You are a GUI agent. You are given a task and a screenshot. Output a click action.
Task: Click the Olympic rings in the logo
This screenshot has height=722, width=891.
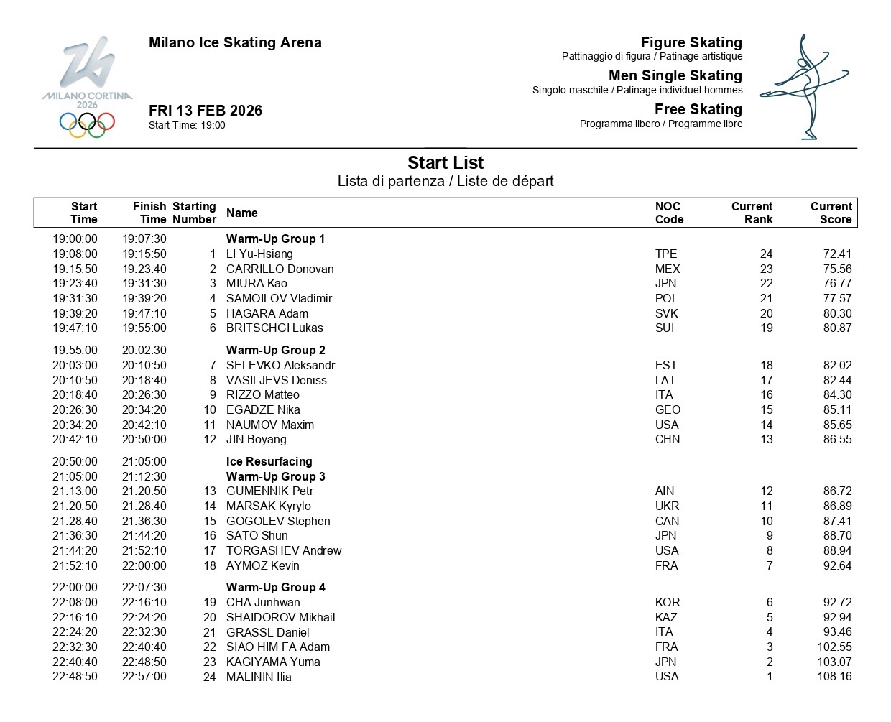click(x=87, y=124)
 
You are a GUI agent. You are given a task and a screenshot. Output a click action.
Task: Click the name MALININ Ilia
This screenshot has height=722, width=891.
click(x=259, y=677)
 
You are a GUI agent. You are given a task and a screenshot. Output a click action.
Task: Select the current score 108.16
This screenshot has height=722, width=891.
click(x=834, y=677)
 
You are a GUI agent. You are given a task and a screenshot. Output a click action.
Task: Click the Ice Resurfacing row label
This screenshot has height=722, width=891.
click(x=269, y=461)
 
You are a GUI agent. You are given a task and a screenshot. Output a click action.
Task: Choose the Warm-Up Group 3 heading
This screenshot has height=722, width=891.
click(x=275, y=476)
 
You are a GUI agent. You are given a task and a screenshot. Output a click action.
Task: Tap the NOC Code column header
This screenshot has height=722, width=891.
click(x=669, y=213)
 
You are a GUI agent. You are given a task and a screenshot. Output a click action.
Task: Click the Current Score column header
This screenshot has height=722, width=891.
click(x=831, y=213)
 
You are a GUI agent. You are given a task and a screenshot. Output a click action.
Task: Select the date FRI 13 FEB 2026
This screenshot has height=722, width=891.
click(x=206, y=111)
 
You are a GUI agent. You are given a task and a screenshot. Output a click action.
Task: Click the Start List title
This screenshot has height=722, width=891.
click(x=445, y=163)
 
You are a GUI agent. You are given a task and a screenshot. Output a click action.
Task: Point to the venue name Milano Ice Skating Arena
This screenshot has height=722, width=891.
click(x=235, y=42)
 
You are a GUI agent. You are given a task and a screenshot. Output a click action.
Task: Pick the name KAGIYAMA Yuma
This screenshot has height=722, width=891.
click(x=273, y=662)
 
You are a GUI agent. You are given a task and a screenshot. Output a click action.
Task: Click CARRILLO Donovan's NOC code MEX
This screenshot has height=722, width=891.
click(x=668, y=269)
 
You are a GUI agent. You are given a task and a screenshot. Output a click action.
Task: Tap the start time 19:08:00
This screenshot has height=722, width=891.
click(x=75, y=254)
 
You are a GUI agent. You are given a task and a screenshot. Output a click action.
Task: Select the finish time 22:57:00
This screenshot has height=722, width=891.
click(x=144, y=677)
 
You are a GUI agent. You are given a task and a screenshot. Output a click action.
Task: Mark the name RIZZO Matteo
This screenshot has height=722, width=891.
click(x=262, y=394)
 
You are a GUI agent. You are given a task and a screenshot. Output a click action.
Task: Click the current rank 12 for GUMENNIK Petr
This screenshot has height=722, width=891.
click(x=766, y=491)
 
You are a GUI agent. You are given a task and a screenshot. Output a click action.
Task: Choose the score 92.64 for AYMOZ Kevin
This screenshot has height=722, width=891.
click(x=837, y=565)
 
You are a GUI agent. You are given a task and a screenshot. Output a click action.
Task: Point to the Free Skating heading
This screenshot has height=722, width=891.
click(x=698, y=109)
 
